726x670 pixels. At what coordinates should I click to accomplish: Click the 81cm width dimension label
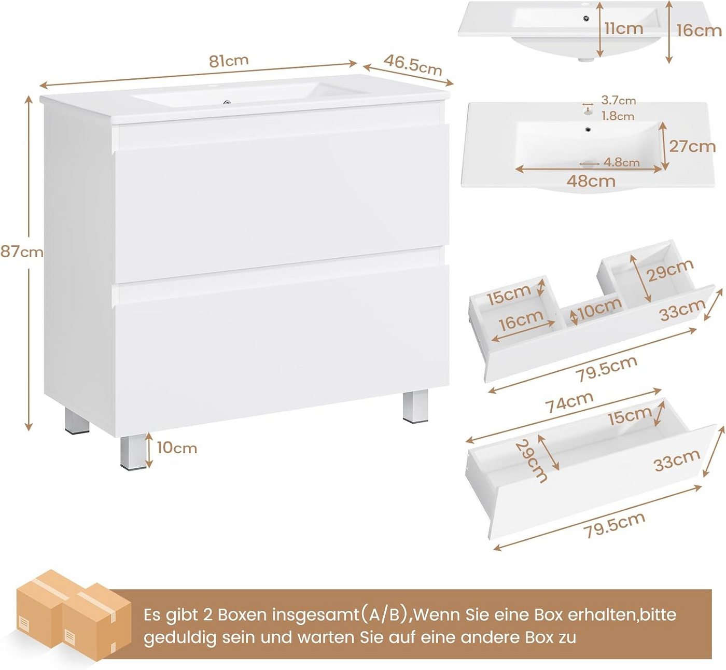[x=229, y=61]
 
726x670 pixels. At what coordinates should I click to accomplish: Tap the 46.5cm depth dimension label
[x=413, y=65]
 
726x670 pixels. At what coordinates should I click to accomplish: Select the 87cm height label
[x=22, y=252]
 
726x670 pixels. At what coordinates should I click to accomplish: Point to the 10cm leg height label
[x=177, y=448]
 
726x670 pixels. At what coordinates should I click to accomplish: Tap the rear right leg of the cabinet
[x=415, y=407]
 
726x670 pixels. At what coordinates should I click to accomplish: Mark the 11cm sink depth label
[x=624, y=29]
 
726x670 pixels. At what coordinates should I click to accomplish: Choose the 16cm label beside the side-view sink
[x=699, y=31]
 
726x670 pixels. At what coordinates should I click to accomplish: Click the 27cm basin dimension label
[x=692, y=146]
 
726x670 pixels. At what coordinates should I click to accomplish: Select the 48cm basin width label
[x=591, y=181]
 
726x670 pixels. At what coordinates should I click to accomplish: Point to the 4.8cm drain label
[x=621, y=162]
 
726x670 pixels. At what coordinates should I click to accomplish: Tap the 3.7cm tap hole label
[x=619, y=100]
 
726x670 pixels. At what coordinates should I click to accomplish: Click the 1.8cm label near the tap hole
[x=618, y=116]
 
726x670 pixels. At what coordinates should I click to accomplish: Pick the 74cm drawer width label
[x=569, y=401]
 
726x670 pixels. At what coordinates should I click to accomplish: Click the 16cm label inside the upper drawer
[x=521, y=320]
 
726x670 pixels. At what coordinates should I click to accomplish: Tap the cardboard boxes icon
[x=73, y=615]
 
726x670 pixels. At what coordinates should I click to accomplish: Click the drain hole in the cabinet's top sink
[x=228, y=103]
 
